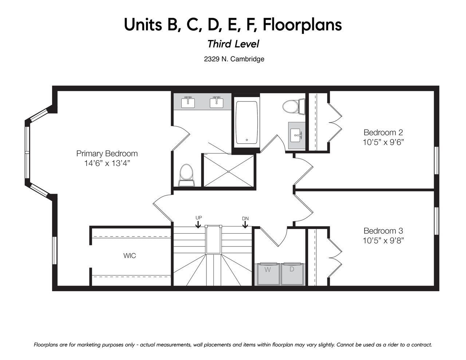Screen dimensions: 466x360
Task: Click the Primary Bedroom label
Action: (107, 154)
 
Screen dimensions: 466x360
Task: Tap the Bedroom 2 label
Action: (383, 132)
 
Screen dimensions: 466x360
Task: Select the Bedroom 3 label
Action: (383, 231)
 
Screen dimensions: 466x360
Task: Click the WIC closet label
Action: (130, 256)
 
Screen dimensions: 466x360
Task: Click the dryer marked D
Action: (293, 274)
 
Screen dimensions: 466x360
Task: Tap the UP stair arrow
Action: (198, 225)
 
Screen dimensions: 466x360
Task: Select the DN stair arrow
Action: (245, 225)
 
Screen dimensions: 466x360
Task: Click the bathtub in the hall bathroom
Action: (246, 123)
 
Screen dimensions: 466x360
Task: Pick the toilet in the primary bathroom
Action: (186, 175)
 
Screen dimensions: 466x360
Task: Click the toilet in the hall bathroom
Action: (293, 106)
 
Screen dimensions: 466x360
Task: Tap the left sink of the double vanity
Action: (188, 103)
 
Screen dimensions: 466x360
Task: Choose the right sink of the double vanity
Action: (217, 103)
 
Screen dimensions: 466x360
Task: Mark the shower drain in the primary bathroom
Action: (229, 171)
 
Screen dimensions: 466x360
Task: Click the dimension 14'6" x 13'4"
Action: (107, 163)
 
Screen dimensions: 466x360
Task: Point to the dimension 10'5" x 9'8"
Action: (383, 241)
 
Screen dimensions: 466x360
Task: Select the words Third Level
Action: (233, 44)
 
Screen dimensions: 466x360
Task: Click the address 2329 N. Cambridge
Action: (234, 59)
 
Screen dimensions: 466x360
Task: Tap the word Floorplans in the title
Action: (302, 25)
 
